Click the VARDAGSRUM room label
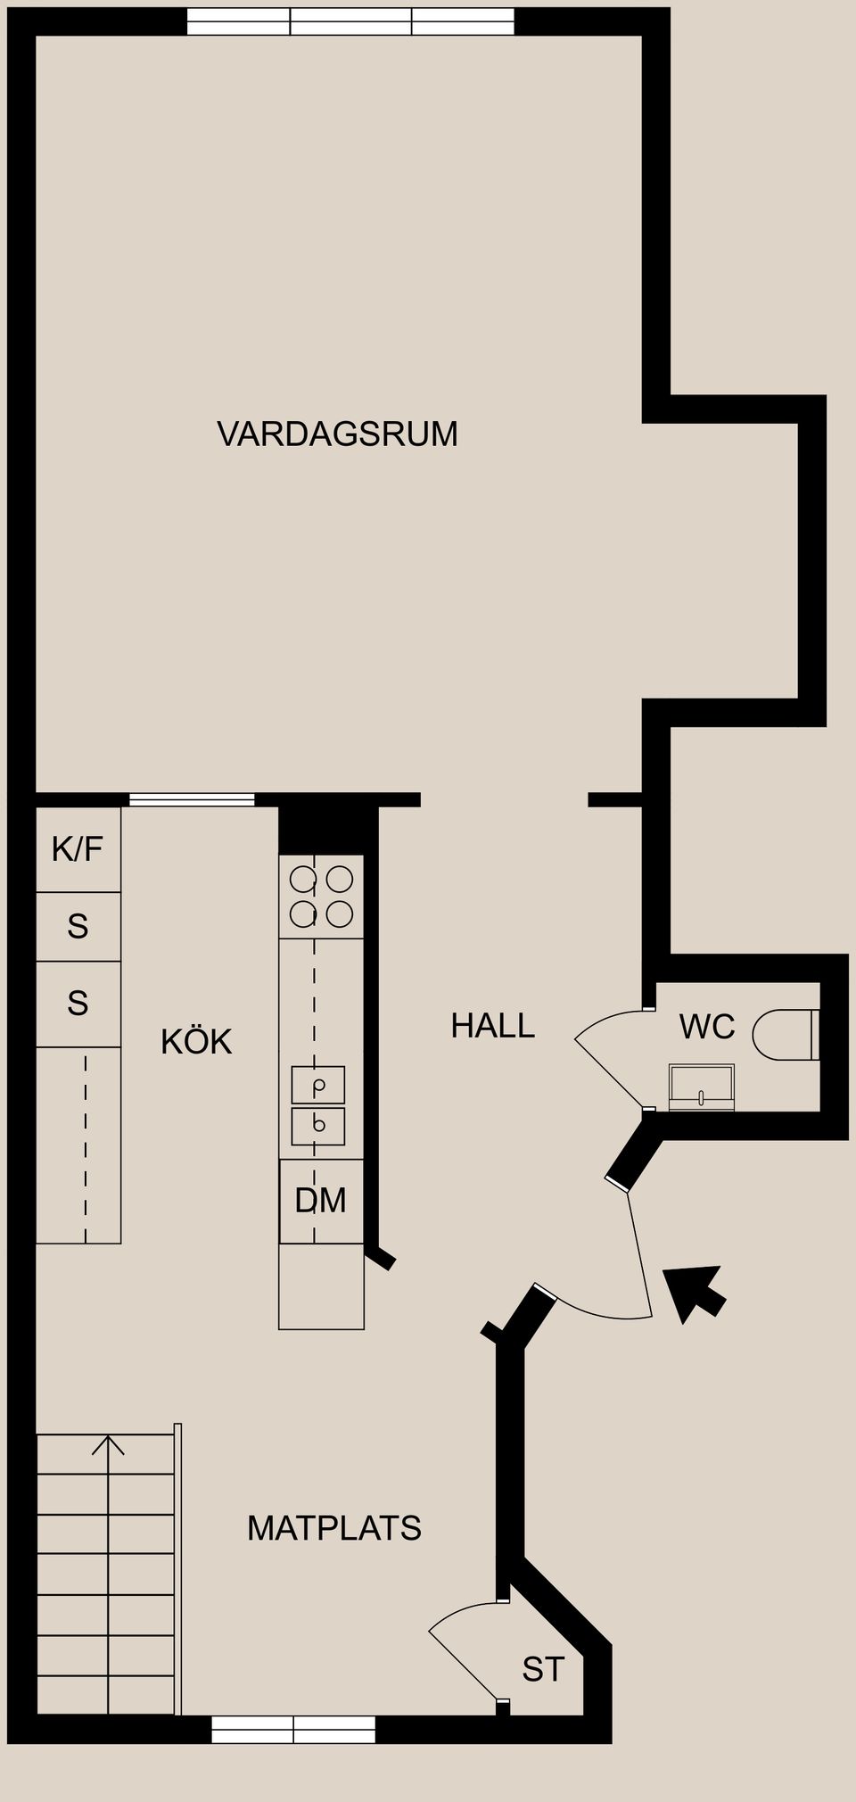point(337,434)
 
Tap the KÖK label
point(196,1042)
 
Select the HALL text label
point(492,1026)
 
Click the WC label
point(707,1027)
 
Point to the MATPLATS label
point(333,1529)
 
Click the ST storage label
point(543,1670)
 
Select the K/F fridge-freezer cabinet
point(78,849)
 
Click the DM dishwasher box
point(321,1201)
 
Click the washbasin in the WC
point(702,1086)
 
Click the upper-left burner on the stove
point(303,880)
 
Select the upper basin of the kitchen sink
point(318,1085)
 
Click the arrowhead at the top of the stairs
point(108,1443)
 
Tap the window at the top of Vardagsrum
point(350,21)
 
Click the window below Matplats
point(293,1730)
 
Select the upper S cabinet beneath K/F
point(78,927)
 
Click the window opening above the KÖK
point(192,799)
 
